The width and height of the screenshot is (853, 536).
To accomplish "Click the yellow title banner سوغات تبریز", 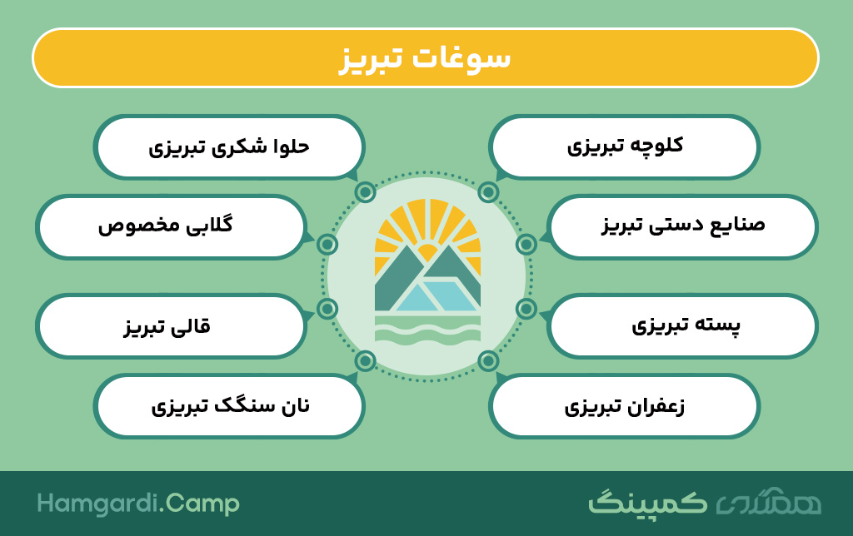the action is tap(426, 57).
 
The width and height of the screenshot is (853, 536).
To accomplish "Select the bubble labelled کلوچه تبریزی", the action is tap(624, 146).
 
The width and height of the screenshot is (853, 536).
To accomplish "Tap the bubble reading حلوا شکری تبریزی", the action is tap(229, 146).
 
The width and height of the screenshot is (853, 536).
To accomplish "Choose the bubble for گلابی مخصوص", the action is tap(171, 226).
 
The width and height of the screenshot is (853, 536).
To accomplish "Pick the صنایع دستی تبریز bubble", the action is tap(682, 226).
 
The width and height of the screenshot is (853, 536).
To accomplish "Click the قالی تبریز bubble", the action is tap(171, 326).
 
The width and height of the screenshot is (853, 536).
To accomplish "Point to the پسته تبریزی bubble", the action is tap(682, 326).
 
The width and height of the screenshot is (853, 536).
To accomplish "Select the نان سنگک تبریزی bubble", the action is tap(229, 406).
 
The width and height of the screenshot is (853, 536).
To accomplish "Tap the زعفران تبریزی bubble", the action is tap(624, 406).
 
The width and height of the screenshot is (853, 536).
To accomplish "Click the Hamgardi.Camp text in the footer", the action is tap(138, 504).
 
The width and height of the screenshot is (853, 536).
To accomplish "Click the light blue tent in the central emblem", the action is tap(438, 296).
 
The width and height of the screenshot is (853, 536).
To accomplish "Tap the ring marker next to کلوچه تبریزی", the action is tap(488, 192).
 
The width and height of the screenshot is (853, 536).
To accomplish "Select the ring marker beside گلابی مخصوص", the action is tap(327, 245).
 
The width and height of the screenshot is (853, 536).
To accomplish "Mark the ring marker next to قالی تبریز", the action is tap(327, 309).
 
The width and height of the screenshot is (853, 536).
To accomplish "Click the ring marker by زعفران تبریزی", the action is tap(488, 361).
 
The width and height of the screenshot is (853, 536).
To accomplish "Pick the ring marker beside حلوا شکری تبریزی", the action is tap(365, 192).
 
